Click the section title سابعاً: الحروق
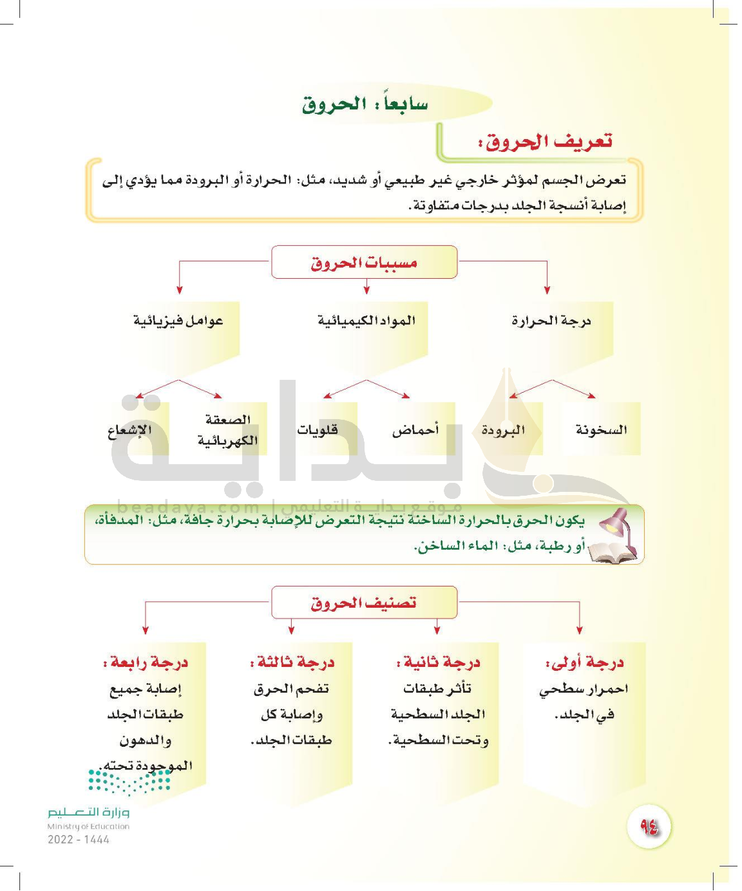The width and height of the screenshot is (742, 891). pyautogui.click(x=365, y=104)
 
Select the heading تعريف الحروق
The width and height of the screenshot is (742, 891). pyautogui.click(x=545, y=141)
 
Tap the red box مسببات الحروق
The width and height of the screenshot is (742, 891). pyautogui.click(x=364, y=262)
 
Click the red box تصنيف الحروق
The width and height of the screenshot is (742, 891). pyautogui.click(x=364, y=603)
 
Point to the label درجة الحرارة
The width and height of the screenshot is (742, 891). pyautogui.click(x=551, y=320)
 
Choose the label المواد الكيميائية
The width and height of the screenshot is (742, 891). pyautogui.click(x=366, y=320)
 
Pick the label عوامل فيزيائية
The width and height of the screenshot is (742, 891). pyautogui.click(x=178, y=320)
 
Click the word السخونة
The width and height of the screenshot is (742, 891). pyautogui.click(x=601, y=429)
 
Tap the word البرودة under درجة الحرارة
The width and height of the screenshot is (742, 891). pyautogui.click(x=503, y=429)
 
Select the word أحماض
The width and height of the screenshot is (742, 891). pyautogui.click(x=415, y=429)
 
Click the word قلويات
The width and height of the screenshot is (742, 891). pyautogui.click(x=317, y=429)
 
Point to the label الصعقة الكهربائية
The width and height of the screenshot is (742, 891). pyautogui.click(x=227, y=430)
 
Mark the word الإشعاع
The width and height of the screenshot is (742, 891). pyautogui.click(x=129, y=429)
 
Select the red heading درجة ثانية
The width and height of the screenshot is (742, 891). pyautogui.click(x=439, y=662)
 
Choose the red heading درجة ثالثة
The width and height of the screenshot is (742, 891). pyautogui.click(x=292, y=662)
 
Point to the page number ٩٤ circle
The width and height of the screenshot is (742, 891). pyautogui.click(x=649, y=826)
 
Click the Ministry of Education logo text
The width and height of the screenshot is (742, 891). pyautogui.click(x=88, y=813)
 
